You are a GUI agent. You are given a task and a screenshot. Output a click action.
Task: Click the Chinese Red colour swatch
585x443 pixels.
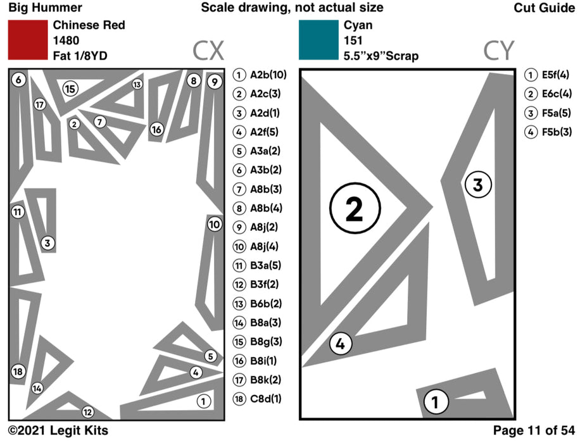[x=27, y=40]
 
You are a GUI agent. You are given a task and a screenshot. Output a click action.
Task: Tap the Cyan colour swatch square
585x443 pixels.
[x=318, y=40]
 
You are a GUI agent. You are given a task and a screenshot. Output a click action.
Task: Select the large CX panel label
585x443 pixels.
[x=208, y=50]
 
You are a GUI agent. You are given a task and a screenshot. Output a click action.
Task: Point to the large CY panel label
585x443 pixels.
[x=498, y=50]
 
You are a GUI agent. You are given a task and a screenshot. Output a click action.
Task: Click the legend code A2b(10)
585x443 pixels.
[x=268, y=75]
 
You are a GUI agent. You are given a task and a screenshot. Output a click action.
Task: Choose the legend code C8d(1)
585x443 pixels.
[x=265, y=399]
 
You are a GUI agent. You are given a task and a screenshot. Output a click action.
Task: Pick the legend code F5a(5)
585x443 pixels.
[x=557, y=113]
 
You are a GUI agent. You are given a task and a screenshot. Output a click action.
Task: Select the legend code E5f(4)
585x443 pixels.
[x=557, y=75]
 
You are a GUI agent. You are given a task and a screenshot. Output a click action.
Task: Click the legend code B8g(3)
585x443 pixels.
[x=266, y=342]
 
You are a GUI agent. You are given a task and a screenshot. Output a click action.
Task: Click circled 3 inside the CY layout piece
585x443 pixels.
[x=478, y=185]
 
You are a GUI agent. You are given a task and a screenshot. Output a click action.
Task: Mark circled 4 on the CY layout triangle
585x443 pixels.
[x=340, y=344]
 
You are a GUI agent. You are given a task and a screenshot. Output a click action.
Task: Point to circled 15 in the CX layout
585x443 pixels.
[x=70, y=89]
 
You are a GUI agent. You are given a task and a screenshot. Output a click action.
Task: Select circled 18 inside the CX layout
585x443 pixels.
[x=18, y=371]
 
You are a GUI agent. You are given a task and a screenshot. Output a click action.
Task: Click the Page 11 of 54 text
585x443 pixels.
[x=533, y=431]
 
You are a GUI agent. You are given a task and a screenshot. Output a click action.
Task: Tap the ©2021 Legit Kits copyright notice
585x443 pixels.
[x=58, y=431]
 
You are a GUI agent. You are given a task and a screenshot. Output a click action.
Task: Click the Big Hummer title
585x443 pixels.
[x=45, y=8]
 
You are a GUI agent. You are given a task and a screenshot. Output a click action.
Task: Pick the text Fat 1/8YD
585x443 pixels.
[x=80, y=56]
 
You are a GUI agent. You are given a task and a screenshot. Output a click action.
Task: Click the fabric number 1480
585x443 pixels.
[x=66, y=41]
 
